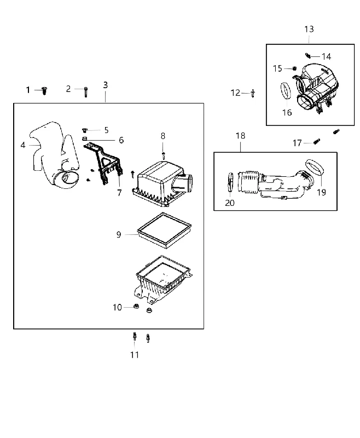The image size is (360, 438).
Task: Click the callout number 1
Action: pos(28,90)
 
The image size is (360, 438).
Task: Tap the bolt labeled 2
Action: pos(86,92)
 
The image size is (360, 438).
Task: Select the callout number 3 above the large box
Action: pos(105,85)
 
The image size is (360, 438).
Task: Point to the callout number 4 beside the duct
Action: pos(23,145)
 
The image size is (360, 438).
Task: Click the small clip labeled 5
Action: pos(85,130)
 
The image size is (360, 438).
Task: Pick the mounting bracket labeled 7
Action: pos(104,163)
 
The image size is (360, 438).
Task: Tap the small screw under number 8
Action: pos(164,156)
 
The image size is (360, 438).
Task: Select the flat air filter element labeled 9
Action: pos(164,230)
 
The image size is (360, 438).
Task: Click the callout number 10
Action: pos(117,307)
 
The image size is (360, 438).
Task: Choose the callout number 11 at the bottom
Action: pos(135,355)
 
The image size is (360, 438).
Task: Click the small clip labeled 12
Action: pos(253,93)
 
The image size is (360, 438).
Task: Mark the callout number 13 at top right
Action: pos(309,29)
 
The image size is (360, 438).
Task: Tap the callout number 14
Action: pos(326,57)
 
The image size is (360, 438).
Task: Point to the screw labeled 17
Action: pos(316,141)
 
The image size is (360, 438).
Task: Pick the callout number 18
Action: pos(240,136)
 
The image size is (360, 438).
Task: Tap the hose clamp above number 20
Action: pos(230,182)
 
